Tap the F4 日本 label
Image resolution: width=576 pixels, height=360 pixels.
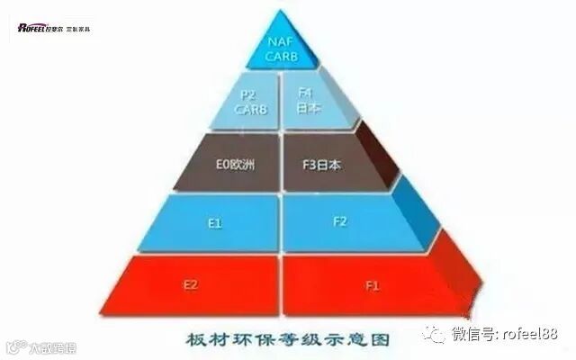[305, 100]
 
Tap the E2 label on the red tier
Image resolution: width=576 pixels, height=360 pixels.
[191, 284]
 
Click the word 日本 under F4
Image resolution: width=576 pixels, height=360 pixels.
[305, 108]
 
